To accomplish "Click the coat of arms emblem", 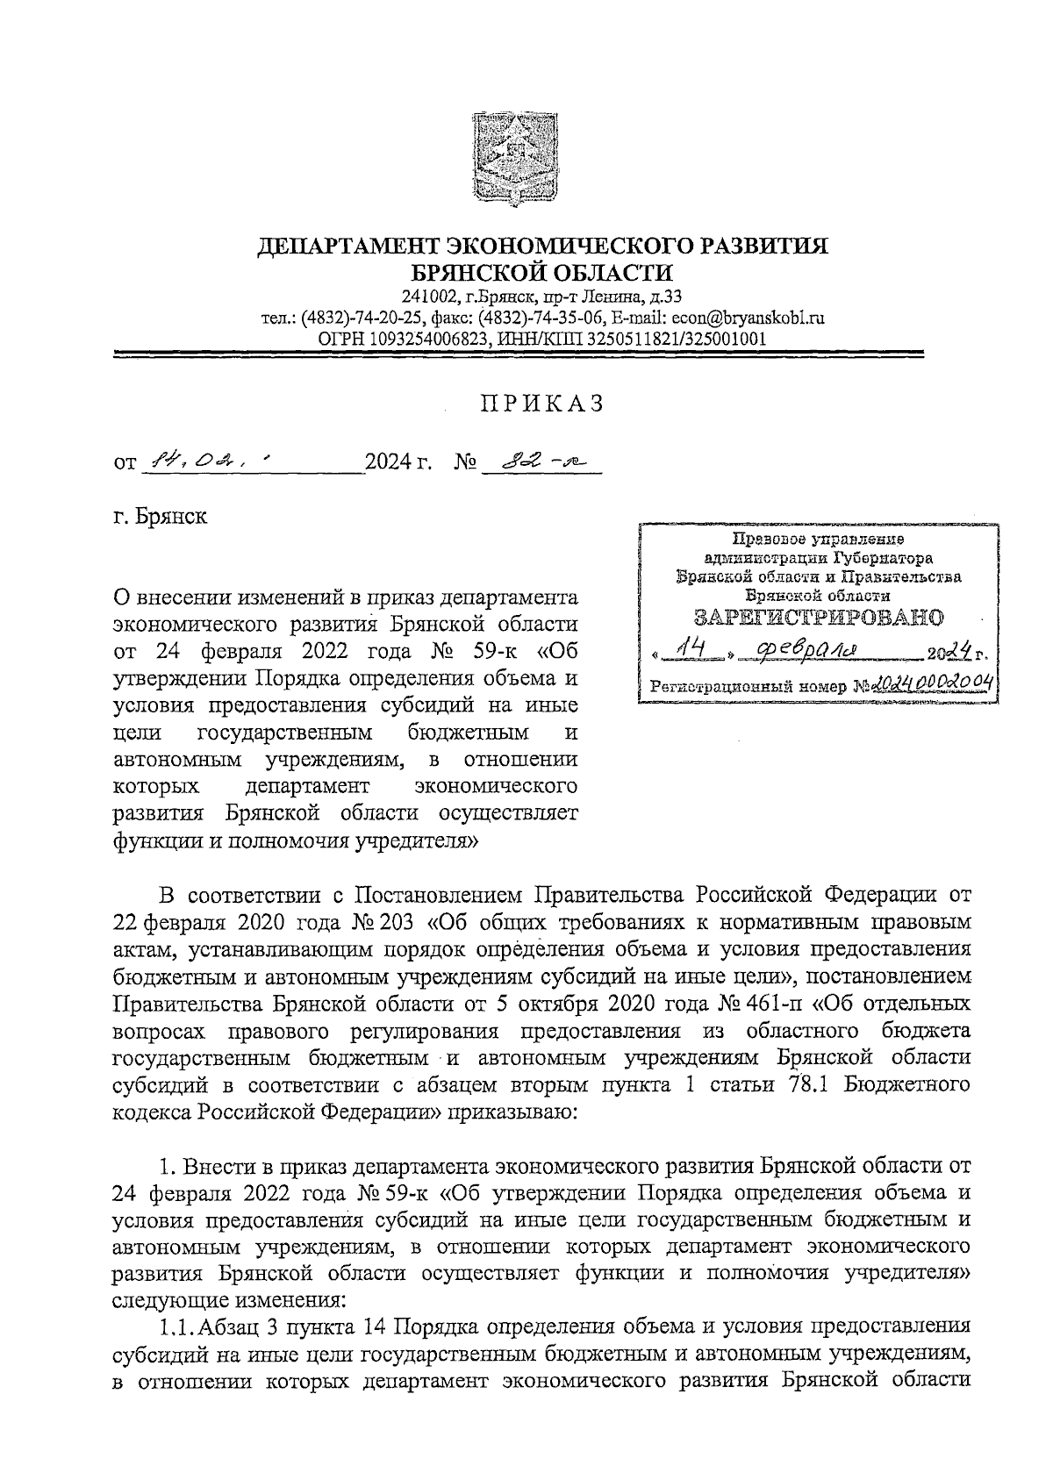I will [514, 156].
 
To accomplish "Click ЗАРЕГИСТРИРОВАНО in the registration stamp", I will [818, 617].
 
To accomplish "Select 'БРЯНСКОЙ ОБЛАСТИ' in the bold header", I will [542, 273].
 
